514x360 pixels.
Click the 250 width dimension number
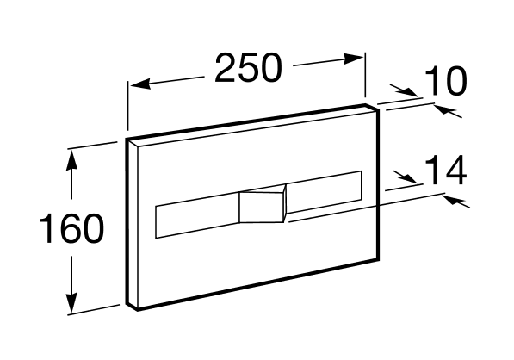click(248, 68)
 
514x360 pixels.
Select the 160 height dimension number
click(71, 228)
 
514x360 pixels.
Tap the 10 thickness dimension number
click(445, 81)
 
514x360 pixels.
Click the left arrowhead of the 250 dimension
click(140, 84)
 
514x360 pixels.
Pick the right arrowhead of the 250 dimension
click(353, 59)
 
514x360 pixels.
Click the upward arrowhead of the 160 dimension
click(71, 160)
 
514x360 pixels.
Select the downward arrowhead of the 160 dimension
click(71, 303)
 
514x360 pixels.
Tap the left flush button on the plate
click(197, 215)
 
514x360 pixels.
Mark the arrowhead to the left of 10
click(406, 91)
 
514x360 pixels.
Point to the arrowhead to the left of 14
click(406, 178)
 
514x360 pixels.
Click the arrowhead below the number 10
click(446, 110)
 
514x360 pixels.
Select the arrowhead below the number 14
click(455, 200)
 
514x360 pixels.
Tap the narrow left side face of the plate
click(132, 224)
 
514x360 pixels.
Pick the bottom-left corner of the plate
click(138, 310)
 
